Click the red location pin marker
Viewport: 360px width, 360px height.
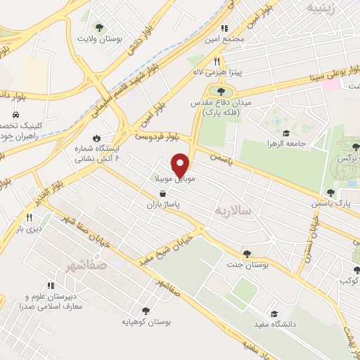[181, 165]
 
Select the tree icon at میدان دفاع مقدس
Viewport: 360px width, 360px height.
[221, 91]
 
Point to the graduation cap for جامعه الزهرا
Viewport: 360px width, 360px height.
[286, 133]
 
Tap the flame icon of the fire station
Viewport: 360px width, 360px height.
[96, 138]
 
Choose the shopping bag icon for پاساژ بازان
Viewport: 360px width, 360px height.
[163, 193]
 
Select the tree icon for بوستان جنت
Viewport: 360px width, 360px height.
[246, 254]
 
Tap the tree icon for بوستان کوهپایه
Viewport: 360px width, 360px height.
[146, 310]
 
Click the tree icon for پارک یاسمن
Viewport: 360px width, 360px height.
[330, 193]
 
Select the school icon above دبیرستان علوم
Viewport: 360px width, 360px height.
[50, 285]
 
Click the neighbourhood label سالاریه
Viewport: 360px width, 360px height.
[229, 210]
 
